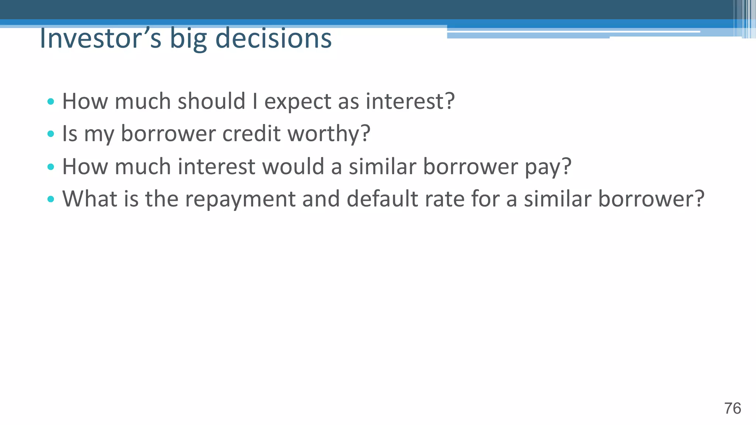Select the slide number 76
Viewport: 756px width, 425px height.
tap(732, 408)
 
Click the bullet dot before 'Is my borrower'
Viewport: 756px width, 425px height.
tap(51, 134)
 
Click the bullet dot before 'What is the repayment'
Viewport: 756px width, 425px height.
tap(51, 200)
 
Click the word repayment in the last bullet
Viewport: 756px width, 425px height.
tap(240, 200)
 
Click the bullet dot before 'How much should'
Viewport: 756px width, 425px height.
tap(51, 101)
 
